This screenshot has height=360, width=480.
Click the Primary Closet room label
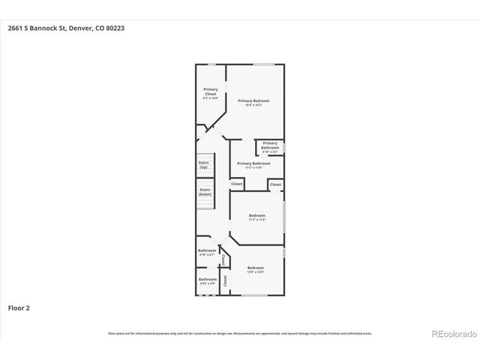(210, 94)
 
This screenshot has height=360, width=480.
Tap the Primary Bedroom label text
(253, 102)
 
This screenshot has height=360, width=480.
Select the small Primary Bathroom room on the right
(270, 146)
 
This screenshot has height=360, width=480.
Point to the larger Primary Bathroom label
(253, 164)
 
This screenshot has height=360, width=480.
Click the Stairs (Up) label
(203, 165)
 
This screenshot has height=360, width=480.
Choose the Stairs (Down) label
(204, 192)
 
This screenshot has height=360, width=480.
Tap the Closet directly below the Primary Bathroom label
(236, 184)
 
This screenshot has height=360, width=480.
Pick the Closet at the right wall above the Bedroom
(275, 184)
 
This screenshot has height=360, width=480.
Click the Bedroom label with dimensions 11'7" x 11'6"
(257, 217)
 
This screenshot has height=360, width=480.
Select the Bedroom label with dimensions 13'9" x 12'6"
(256, 270)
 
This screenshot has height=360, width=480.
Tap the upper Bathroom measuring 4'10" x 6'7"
(207, 253)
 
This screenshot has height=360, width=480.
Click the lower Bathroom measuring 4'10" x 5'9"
(207, 281)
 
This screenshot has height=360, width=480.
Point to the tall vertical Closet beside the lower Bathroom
(223, 280)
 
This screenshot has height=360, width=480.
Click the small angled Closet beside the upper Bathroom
(223, 259)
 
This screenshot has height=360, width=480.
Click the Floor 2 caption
(19, 307)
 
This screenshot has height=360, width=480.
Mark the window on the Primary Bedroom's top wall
(262, 64)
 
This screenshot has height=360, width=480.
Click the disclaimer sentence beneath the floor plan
(239, 334)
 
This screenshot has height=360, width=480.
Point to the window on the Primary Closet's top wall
(212, 64)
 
